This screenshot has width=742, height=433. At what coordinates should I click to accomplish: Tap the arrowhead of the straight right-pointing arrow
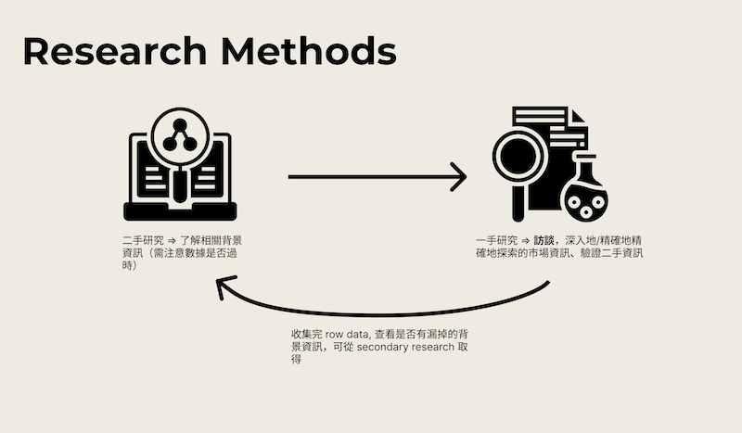[458, 176]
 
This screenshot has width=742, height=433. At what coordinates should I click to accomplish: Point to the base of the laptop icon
[179, 211]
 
